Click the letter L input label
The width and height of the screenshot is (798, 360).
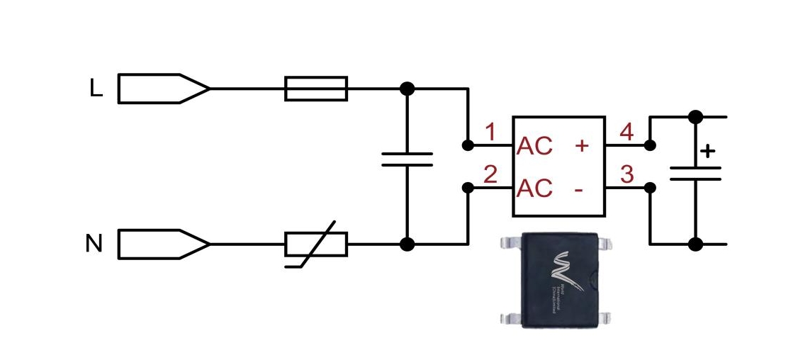click(96, 88)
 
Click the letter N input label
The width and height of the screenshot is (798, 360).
click(94, 244)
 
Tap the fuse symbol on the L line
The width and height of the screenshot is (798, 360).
click(315, 89)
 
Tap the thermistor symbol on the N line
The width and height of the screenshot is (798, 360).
click(315, 244)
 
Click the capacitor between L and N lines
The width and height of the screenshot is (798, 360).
click(407, 159)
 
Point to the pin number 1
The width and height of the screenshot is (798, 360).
click(489, 132)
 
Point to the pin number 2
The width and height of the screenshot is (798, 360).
click(489, 174)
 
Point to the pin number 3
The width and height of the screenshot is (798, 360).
click(626, 174)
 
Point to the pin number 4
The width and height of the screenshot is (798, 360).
click(626, 132)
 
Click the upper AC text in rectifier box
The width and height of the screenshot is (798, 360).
click(535, 146)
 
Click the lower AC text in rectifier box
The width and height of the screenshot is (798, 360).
click(535, 189)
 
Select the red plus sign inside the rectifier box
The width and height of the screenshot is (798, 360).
click(582, 146)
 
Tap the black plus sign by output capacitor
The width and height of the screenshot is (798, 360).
click(707, 151)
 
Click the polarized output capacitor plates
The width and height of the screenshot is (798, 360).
click(695, 174)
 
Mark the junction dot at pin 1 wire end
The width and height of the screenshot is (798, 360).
click(467, 145)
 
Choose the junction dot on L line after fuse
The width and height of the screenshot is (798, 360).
click(407, 89)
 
